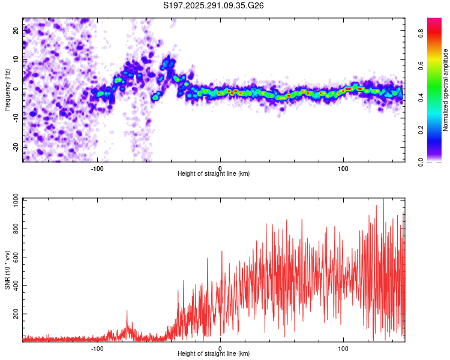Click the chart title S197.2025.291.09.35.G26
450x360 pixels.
pos(214,5)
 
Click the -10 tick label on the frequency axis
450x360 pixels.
pos(15,118)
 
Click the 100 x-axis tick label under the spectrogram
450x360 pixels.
pos(343,169)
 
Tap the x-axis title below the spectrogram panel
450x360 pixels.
pos(214,174)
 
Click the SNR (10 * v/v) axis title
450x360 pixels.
pos(7,270)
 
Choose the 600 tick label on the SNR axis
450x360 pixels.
pos(14,257)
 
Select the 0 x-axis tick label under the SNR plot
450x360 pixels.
pos(220,348)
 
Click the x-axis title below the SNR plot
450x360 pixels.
pos(214,353)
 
